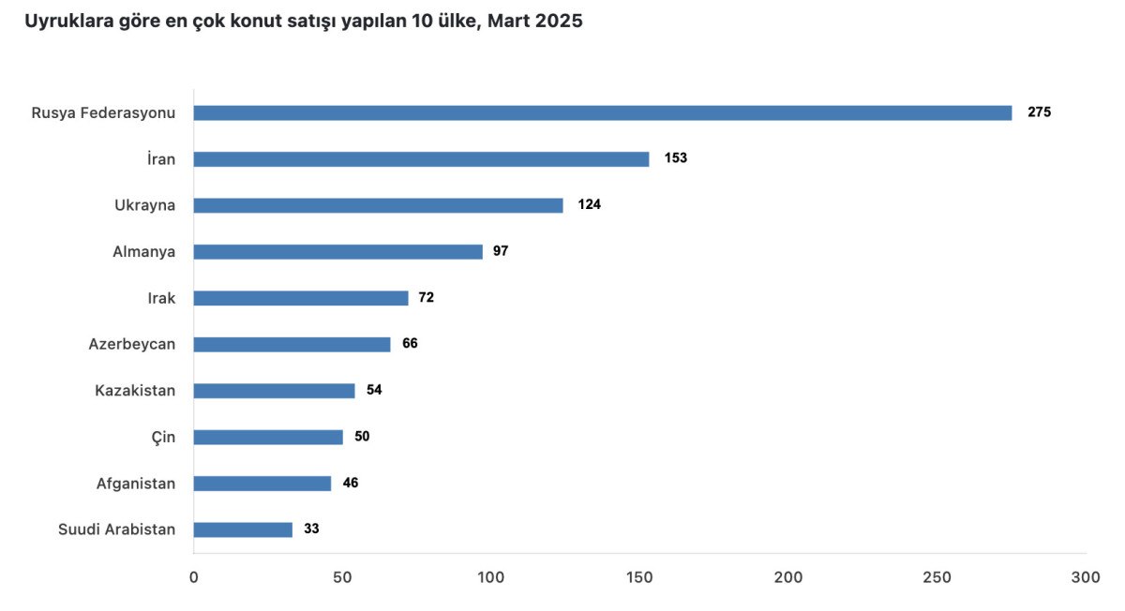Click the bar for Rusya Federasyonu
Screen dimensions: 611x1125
[603, 112]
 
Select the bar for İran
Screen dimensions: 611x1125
[421, 159]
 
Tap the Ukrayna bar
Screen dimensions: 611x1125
[379, 205]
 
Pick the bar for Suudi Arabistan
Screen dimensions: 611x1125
[243, 529]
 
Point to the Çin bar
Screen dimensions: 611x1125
[268, 437]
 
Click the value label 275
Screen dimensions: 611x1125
[1039, 112]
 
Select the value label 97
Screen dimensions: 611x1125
[500, 251]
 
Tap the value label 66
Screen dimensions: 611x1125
[410, 344]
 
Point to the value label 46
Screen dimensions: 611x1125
[351, 484]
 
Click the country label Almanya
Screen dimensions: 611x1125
[143, 252]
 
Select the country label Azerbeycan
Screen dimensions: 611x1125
[132, 344]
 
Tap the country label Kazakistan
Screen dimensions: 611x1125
[135, 391]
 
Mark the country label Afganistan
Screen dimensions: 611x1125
[136, 484]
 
